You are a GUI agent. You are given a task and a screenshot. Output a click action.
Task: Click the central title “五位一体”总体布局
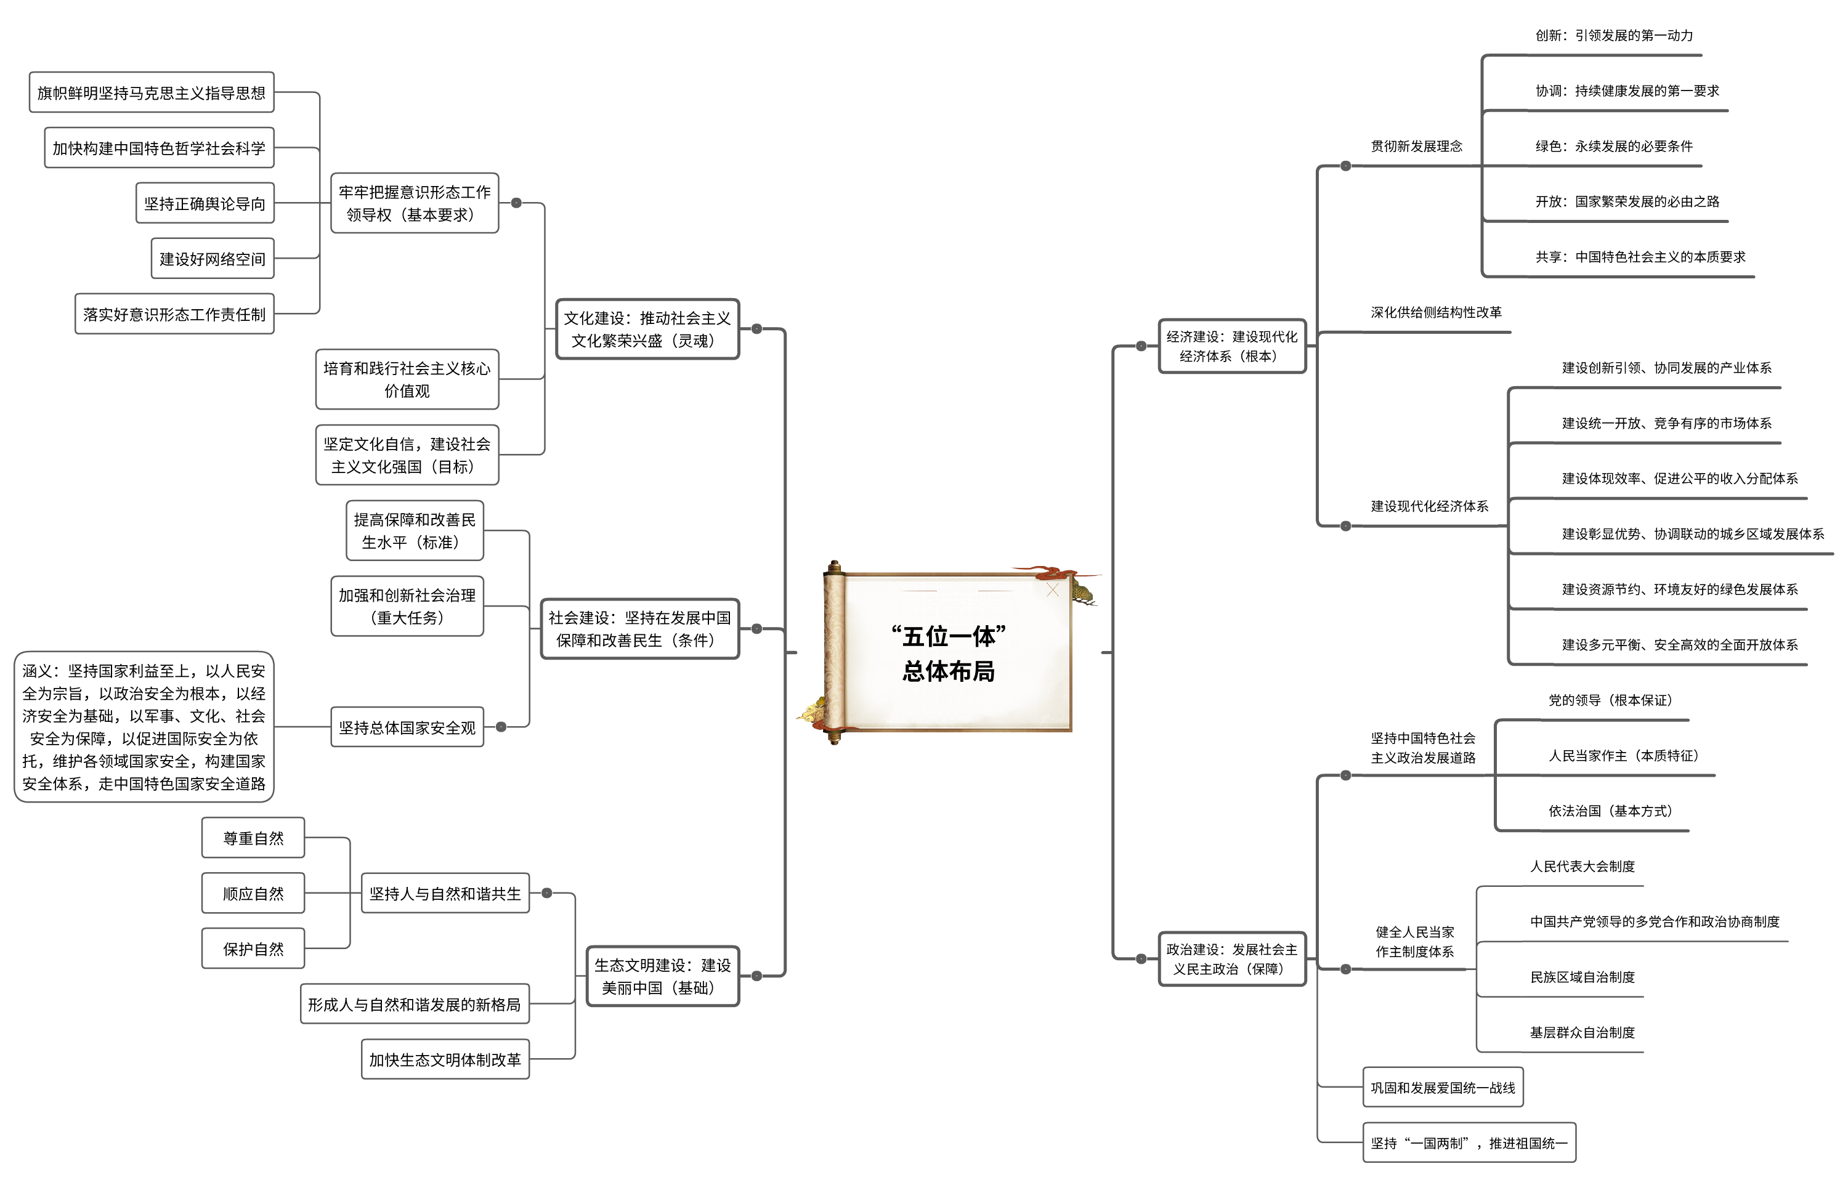coord(948,653)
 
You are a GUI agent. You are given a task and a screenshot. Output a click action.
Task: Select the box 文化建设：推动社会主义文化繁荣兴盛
coord(647,329)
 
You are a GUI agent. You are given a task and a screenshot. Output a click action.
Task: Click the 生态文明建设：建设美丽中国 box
coord(662,976)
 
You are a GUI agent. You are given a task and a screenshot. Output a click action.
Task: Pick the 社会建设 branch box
coord(639,628)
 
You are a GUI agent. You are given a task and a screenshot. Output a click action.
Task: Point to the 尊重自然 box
coord(253,838)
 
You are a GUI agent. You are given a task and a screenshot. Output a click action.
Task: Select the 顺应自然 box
coord(253,893)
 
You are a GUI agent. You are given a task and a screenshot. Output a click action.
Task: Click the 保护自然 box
coord(253,948)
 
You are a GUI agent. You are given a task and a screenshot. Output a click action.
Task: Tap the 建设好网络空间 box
coord(213,259)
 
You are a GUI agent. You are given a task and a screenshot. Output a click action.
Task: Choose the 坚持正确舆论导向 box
coord(205,203)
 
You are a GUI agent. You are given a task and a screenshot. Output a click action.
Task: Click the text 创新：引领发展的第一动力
coord(1613,35)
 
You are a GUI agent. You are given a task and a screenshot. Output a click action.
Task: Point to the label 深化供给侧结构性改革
coord(1436,312)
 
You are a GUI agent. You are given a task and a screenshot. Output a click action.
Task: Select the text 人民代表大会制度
coord(1582,866)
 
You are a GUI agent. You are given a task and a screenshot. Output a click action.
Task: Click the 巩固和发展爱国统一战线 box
coord(1442,1087)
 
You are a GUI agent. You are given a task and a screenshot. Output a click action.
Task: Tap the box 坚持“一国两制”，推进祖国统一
coord(1468,1143)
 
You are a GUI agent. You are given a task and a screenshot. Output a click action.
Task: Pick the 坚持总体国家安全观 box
coord(407,727)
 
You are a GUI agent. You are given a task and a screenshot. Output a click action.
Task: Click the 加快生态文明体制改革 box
coord(445,1059)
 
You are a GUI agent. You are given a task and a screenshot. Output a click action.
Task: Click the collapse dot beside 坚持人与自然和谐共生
coord(546,893)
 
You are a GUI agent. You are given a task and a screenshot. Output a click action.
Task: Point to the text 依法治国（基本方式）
coord(1610,811)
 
